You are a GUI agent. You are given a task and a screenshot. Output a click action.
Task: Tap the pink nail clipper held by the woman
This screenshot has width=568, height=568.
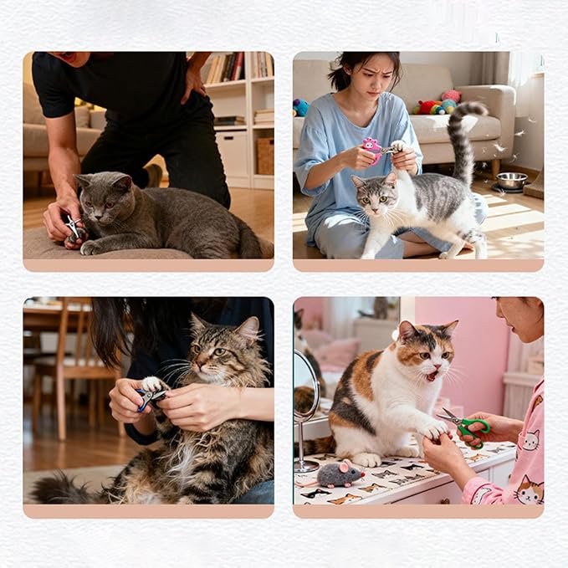372,148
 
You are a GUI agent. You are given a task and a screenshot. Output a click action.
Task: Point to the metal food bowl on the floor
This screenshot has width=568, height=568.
511,180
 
